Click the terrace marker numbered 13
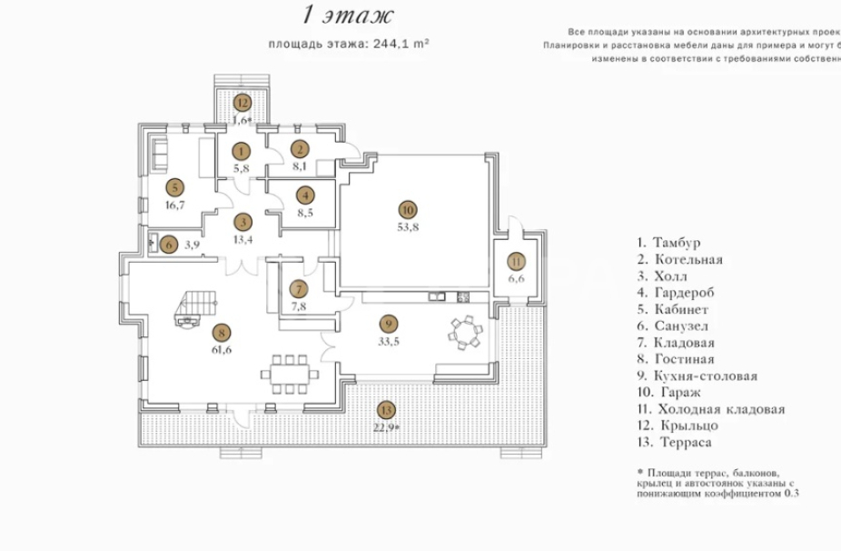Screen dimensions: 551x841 pos(387,410)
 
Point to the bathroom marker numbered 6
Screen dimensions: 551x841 pos(168,244)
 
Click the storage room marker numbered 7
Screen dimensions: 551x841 pos(299,289)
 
